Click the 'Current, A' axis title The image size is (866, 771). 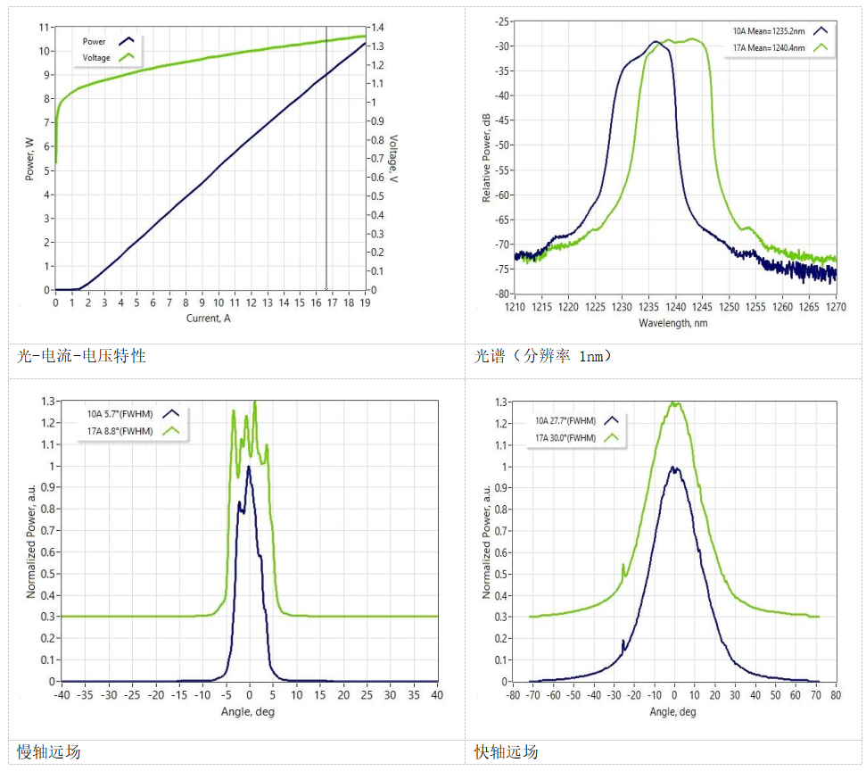[x=209, y=319]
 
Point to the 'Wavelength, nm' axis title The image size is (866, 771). [x=673, y=322]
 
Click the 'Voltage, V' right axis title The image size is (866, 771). [x=392, y=163]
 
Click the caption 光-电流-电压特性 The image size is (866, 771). [x=81, y=356]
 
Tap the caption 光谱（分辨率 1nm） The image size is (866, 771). [x=543, y=356]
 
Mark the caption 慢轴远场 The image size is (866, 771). [x=48, y=751]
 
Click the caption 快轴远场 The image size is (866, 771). [x=506, y=751]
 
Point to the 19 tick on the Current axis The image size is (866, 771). [x=365, y=303]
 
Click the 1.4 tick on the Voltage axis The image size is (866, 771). [x=378, y=28]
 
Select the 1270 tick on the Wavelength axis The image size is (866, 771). [x=836, y=307]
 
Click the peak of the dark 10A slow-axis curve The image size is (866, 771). [x=249, y=467]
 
